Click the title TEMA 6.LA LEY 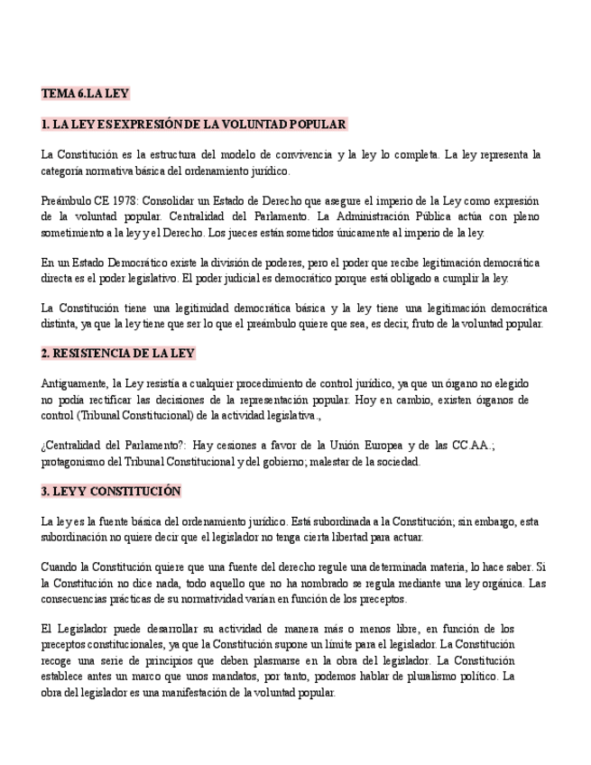tap(86, 93)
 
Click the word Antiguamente tap(75, 383)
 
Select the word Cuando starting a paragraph tap(60, 567)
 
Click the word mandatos tap(267, 676)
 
